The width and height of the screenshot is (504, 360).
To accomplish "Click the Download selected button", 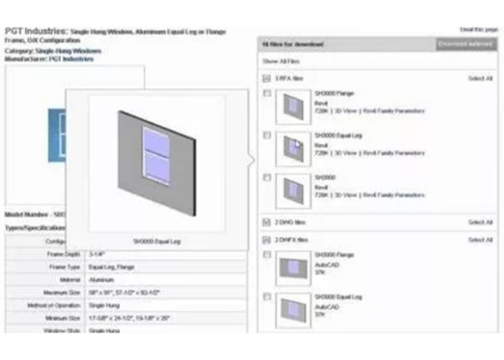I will (467, 45).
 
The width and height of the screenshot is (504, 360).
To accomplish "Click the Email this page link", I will (479, 30).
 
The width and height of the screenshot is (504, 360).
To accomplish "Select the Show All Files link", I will (280, 61).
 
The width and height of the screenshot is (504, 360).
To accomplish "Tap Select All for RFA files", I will (480, 78).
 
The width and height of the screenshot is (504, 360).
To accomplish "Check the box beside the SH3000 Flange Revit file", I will (267, 94).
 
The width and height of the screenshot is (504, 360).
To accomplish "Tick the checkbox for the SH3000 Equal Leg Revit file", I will (267, 135).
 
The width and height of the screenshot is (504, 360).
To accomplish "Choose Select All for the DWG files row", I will (480, 222).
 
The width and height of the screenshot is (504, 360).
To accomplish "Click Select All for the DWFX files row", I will (480, 240).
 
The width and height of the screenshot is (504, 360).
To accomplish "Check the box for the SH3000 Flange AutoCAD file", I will (267, 255).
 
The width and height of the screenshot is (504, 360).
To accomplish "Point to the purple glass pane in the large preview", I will (156, 155).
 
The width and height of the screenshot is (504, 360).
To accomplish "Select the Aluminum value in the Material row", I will (100, 280).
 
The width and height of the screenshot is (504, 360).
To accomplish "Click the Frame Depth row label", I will (58, 254).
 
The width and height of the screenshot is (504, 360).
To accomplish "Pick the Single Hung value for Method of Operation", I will (104, 306).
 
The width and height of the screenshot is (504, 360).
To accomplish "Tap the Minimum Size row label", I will (57, 318).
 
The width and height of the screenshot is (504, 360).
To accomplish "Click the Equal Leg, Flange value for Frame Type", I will (111, 267).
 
